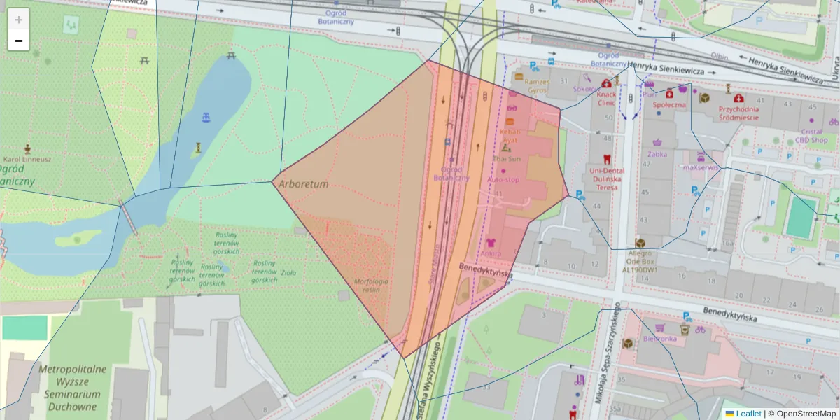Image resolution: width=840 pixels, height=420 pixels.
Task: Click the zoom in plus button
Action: pos(19,20)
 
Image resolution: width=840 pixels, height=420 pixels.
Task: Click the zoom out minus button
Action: pos(19,41)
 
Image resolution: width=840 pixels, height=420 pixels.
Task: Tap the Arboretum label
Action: pos(303,184)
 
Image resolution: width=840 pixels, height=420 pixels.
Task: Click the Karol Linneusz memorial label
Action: pos(27,159)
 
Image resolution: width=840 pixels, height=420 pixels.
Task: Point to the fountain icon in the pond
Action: pos(206,117)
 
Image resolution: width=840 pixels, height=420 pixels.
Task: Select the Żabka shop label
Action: pos(657,153)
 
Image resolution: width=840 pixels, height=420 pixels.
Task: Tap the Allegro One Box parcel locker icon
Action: pos(640,243)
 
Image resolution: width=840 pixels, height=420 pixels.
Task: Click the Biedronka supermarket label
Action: pos(658,339)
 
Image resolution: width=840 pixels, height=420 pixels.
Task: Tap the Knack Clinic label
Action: pos(606,98)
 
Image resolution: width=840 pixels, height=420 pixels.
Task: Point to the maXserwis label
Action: pos(701,167)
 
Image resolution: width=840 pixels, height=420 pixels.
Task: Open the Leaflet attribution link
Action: pos(748,414)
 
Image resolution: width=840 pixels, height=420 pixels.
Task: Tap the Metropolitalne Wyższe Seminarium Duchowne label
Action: pos(72,381)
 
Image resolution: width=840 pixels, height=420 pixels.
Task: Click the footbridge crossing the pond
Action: pos(129,217)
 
